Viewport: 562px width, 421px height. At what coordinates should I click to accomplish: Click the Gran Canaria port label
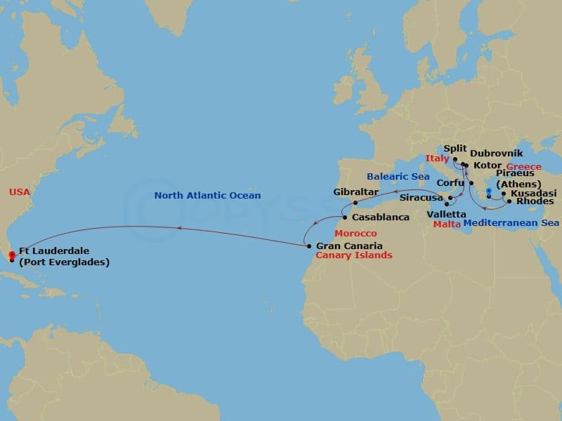pyautogui.click(x=349, y=246)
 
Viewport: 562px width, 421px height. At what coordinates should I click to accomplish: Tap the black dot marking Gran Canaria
pyautogui.click(x=308, y=246)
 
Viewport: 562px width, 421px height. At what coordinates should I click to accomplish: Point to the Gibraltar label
pyautogui.click(x=356, y=192)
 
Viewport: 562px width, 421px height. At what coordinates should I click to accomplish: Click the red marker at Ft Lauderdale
pyautogui.click(x=11, y=255)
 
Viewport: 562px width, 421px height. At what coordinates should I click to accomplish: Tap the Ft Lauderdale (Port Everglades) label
pyautogui.click(x=64, y=256)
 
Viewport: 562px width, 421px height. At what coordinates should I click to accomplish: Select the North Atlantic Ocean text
pyautogui.click(x=207, y=196)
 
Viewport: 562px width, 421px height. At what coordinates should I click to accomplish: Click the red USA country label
pyautogui.click(x=19, y=192)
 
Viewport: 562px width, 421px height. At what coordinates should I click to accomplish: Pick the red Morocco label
pyautogui.click(x=355, y=233)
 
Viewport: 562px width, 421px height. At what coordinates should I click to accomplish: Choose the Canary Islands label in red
pyautogui.click(x=354, y=255)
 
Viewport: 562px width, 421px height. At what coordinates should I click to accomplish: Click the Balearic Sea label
pyautogui.click(x=398, y=177)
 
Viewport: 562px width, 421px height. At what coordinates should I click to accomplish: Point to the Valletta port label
pyautogui.click(x=446, y=213)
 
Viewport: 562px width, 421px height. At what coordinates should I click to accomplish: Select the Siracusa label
pyautogui.click(x=420, y=199)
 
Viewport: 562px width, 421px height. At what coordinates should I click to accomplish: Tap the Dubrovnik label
pyautogui.click(x=497, y=152)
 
